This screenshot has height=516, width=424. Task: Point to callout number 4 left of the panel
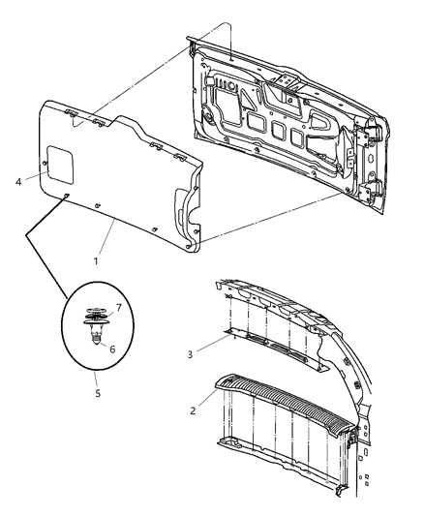pos(18,180)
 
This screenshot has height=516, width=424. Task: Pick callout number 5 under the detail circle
pos(96,393)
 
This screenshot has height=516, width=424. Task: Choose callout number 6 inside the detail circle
pos(112,349)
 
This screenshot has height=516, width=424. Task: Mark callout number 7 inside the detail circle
pos(118,307)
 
